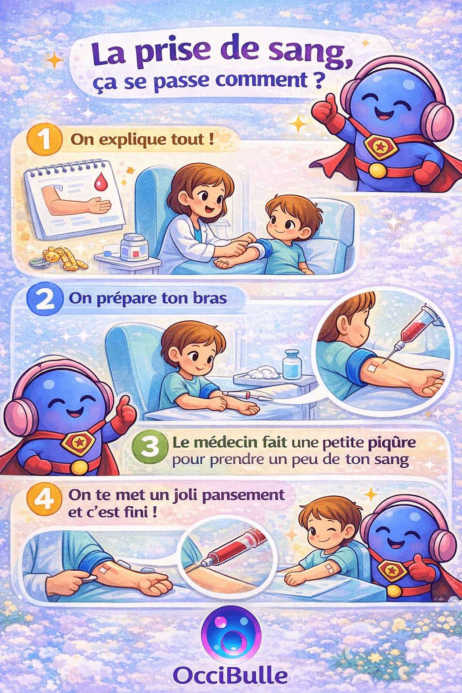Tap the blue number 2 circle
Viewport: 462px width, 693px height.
44,298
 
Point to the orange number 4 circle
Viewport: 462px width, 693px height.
44,500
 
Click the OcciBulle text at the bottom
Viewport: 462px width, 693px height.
230,675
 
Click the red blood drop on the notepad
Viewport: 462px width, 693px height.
100,182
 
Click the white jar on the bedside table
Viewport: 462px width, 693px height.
134,247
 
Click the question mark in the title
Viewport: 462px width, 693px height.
317,80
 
